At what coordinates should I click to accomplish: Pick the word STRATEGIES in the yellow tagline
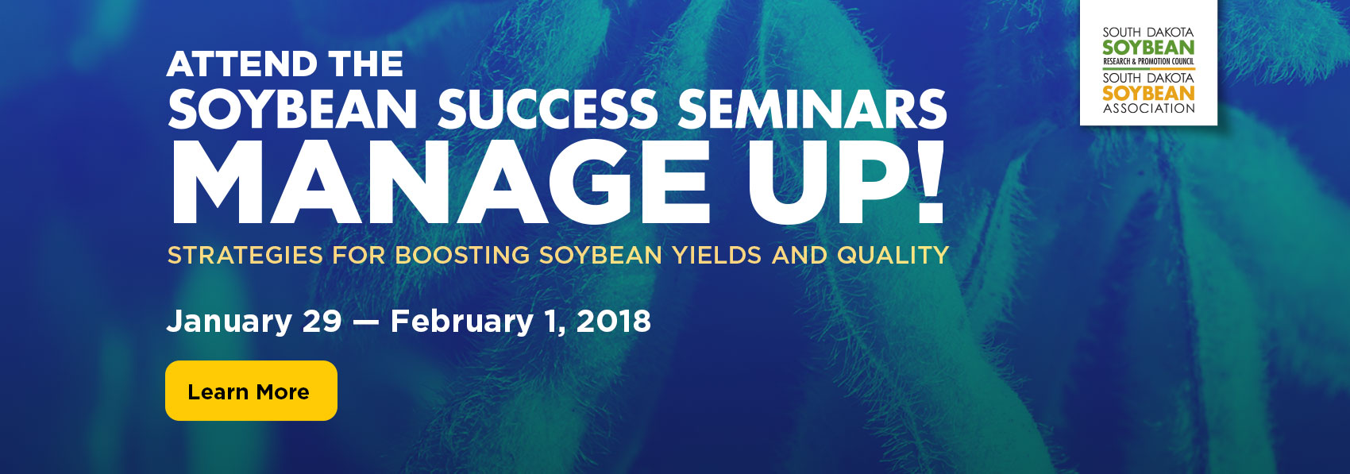245,255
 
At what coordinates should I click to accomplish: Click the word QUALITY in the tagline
893,255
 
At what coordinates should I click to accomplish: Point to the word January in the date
229,322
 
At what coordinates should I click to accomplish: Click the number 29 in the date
322,322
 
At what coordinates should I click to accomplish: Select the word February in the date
461,322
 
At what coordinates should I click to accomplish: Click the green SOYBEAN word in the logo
1148,47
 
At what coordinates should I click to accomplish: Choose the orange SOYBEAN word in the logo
1148,93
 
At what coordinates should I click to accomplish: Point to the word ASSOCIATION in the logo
1148,109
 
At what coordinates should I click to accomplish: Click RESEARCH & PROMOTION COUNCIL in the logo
1148,61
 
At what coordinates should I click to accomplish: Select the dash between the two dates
366,322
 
